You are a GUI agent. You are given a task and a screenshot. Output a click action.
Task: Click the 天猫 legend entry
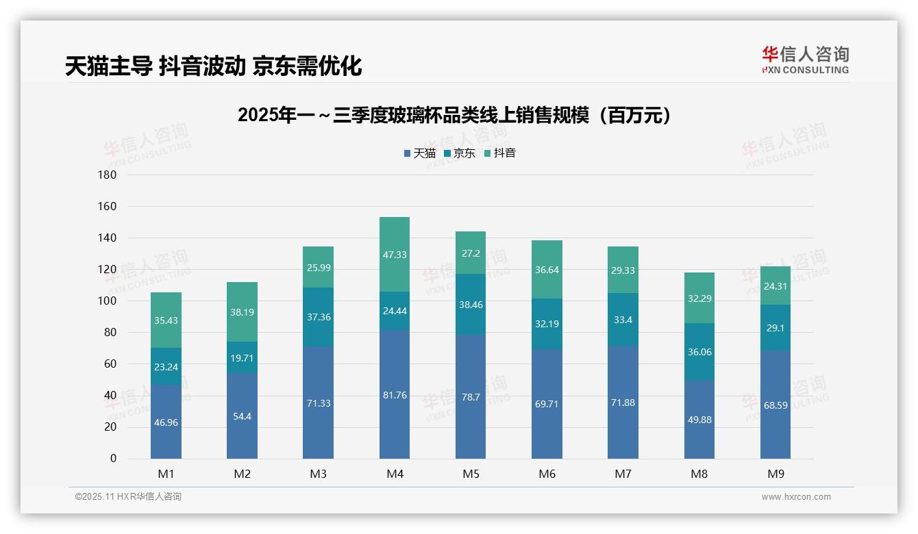(x=419, y=153)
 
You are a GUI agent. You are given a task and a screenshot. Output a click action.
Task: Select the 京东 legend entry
(x=460, y=153)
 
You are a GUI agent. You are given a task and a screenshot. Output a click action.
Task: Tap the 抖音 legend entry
(x=500, y=153)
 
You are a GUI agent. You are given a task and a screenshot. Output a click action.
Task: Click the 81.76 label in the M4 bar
(x=395, y=395)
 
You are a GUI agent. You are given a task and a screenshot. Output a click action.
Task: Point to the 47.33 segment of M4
(x=395, y=255)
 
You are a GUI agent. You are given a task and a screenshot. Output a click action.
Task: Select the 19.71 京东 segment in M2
(x=242, y=357)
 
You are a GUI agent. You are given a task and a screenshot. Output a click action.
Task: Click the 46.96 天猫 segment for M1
(x=166, y=422)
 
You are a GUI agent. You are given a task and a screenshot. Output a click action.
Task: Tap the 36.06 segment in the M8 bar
(x=699, y=352)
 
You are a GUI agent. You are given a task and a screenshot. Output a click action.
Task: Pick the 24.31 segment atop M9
(x=776, y=286)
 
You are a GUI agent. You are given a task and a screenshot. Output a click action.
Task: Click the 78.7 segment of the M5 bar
(x=471, y=397)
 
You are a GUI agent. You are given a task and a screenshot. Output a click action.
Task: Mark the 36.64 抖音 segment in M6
(x=547, y=270)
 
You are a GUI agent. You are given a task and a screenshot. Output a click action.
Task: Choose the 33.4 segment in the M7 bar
(x=623, y=320)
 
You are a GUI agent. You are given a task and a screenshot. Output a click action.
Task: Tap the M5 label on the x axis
(x=471, y=474)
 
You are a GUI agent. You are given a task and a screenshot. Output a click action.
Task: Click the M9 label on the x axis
(x=776, y=474)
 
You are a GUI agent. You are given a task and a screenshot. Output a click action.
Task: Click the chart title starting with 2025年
(x=458, y=115)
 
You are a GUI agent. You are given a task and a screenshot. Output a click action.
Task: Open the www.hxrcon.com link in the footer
(x=796, y=497)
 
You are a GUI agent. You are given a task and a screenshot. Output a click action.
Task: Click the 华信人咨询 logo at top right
(x=805, y=60)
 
